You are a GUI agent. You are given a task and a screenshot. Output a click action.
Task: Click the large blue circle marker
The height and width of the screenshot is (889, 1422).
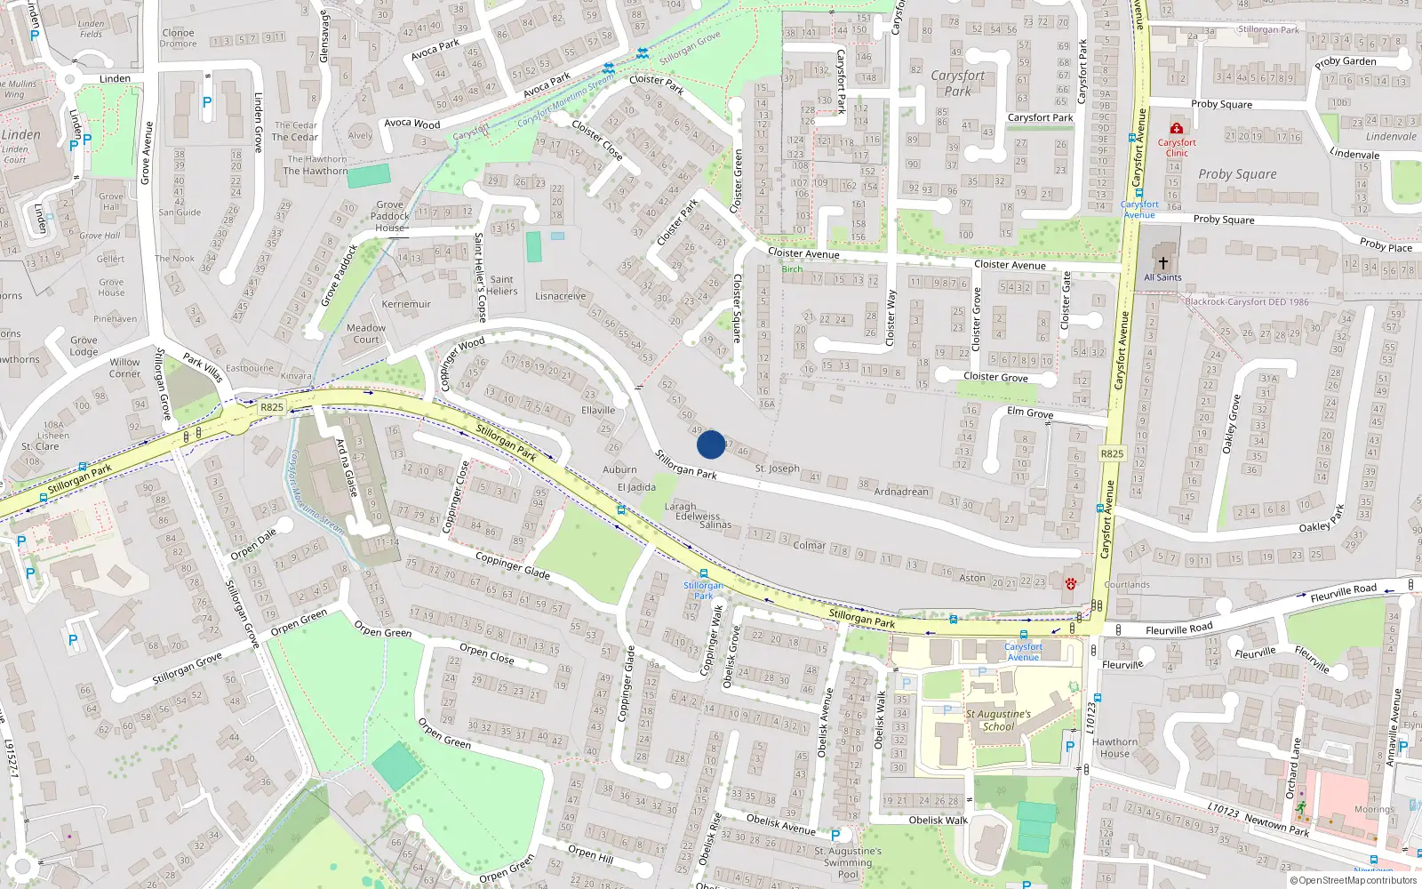(711, 444)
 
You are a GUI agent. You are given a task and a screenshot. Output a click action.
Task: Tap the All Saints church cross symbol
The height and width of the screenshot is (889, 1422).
(1162, 263)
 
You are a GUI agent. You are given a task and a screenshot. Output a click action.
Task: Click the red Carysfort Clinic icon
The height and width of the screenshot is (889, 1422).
(1177, 129)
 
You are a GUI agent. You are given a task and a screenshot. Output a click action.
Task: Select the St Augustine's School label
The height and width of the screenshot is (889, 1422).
(998, 720)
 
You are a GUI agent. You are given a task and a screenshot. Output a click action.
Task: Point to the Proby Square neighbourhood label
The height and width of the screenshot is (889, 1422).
(1237, 174)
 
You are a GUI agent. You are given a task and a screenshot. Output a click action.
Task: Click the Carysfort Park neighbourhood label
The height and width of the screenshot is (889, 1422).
(957, 83)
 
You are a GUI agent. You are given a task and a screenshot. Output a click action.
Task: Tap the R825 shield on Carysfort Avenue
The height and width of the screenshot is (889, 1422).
(1112, 453)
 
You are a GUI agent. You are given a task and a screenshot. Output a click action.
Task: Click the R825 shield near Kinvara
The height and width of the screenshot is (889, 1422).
(272, 407)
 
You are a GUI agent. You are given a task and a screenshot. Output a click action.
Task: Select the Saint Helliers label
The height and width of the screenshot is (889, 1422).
(501, 285)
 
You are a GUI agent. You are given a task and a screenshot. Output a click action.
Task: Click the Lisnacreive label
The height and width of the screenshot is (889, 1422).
(561, 296)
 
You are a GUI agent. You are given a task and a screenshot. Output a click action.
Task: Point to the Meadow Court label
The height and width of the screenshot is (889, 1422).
(366, 333)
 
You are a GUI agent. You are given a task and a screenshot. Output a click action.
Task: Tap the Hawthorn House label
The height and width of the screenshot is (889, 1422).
(1114, 748)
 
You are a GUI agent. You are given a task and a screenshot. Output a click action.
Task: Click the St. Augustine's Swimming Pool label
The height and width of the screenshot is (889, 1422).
(848, 862)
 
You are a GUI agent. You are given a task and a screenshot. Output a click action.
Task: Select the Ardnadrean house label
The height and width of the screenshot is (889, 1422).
(901, 492)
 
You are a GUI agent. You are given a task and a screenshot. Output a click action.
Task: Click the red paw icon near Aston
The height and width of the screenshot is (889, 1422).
(1071, 584)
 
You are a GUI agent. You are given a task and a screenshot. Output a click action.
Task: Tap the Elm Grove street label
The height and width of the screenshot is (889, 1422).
(1029, 412)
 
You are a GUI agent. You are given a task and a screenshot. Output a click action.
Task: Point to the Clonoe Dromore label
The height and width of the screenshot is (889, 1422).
(179, 38)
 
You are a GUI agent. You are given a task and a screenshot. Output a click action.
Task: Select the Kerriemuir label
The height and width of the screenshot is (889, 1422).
(406, 304)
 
